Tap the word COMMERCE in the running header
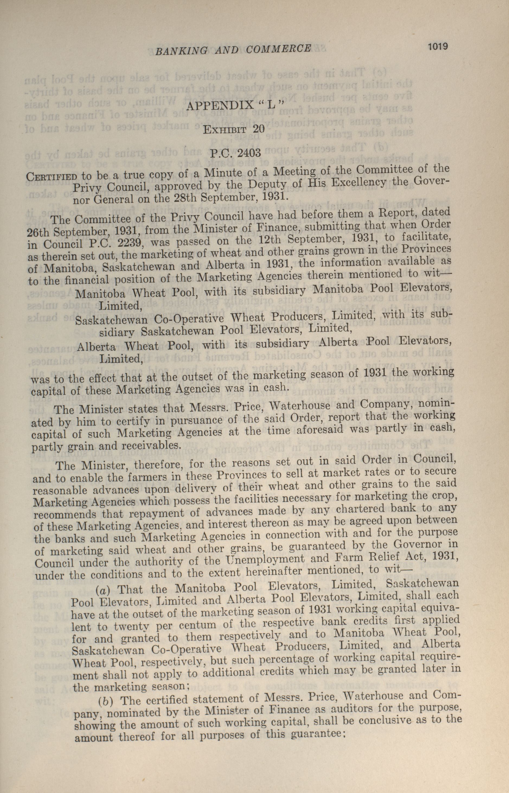click(x=278, y=49)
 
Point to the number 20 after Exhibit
click(x=258, y=129)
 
